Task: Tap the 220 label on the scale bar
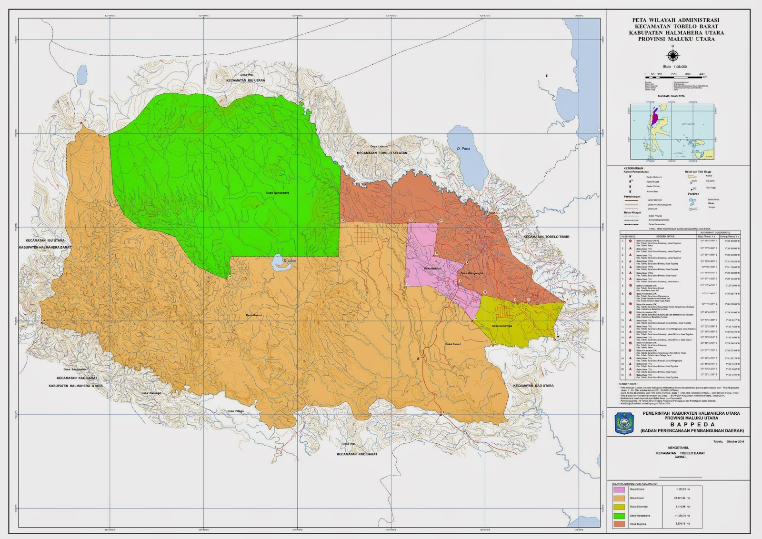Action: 673,74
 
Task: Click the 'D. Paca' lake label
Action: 463,149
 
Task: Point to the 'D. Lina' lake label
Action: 289,260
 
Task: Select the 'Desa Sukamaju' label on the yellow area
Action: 501,326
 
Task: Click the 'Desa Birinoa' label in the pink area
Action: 432,269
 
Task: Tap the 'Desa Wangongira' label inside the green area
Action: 278,193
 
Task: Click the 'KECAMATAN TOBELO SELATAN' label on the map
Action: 382,153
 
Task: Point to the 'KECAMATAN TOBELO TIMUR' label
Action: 546,237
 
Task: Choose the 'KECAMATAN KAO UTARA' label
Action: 533,386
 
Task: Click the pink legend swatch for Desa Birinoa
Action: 619,489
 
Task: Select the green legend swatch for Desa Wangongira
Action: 619,515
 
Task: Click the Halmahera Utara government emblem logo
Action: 624,423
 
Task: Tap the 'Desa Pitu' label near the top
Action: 246,75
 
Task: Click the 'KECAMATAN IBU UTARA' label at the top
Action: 245,80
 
